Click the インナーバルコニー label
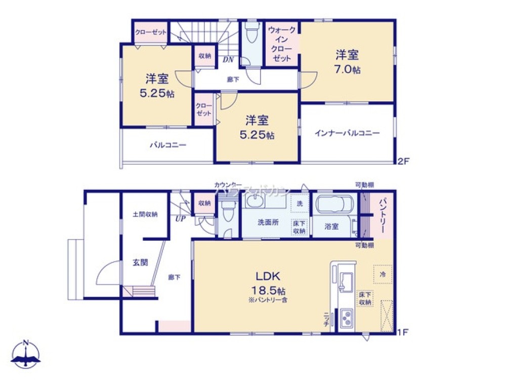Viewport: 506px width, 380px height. [x=347, y=133]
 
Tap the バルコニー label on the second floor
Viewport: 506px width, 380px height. [x=167, y=144]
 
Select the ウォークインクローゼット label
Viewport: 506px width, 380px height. [x=282, y=44]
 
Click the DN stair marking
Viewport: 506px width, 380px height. [x=228, y=59]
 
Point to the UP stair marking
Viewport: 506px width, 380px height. [x=180, y=219]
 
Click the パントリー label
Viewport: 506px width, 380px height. [x=383, y=216]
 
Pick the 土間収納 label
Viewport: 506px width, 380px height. [x=145, y=214]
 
